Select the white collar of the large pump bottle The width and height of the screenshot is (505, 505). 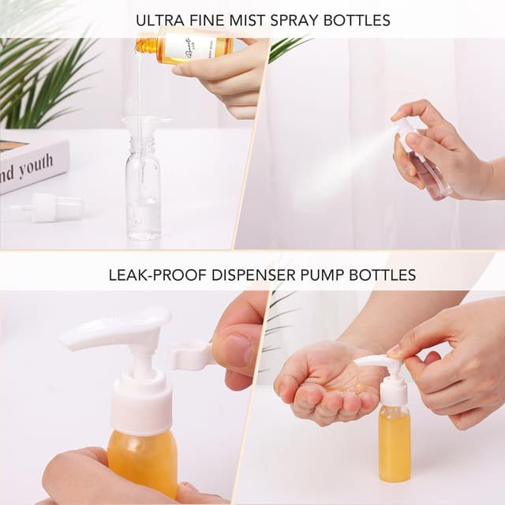coord(141,402)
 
